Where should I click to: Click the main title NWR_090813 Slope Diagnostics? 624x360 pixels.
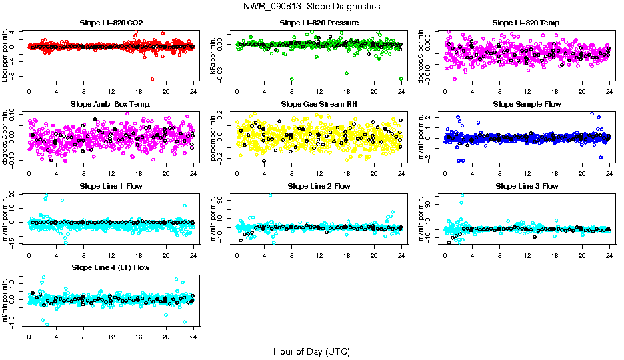pyautogui.click(x=312, y=7)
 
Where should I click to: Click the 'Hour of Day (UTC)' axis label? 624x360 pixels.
pyautogui.click(x=311, y=351)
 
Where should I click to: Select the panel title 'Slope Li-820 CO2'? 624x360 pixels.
pyautogui.click(x=111, y=23)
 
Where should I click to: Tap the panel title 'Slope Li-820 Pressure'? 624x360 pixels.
pyautogui.click(x=319, y=23)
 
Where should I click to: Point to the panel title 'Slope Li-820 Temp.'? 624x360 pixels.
pyautogui.click(x=527, y=23)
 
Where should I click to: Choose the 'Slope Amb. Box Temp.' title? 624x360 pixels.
pyautogui.click(x=111, y=104)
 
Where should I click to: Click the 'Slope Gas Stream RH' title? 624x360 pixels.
pyautogui.click(x=319, y=104)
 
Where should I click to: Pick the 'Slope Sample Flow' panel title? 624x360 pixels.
pyautogui.click(x=527, y=104)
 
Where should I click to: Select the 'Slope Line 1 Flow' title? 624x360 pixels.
pyautogui.click(x=111, y=186)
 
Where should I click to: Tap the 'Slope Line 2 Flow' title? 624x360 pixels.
pyautogui.click(x=319, y=186)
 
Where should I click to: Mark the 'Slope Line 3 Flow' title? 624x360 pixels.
pyautogui.click(x=527, y=186)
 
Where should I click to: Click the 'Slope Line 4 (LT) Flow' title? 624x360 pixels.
pyautogui.click(x=111, y=267)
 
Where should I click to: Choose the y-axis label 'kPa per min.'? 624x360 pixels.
pyautogui.click(x=213, y=55)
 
